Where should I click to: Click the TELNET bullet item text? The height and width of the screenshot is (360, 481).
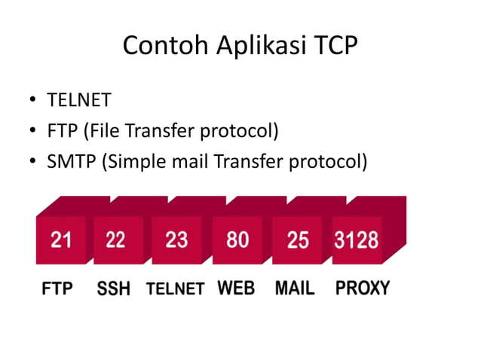79,99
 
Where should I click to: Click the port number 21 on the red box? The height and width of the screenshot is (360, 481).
61,239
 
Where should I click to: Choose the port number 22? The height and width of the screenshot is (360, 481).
115,239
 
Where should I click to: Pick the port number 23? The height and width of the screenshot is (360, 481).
176,239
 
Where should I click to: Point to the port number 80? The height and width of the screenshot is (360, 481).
237,239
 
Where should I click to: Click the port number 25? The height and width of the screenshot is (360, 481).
298,239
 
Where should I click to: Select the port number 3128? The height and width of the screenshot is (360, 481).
357,239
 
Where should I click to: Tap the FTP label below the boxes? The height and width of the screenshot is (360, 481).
57,288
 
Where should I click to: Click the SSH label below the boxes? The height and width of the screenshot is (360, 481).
114,288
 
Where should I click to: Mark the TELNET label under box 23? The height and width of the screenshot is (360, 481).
175,288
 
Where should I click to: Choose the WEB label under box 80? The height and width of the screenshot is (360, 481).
236,288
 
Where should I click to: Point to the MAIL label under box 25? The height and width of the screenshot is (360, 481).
295,288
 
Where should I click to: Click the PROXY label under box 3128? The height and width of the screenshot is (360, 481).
363,288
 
